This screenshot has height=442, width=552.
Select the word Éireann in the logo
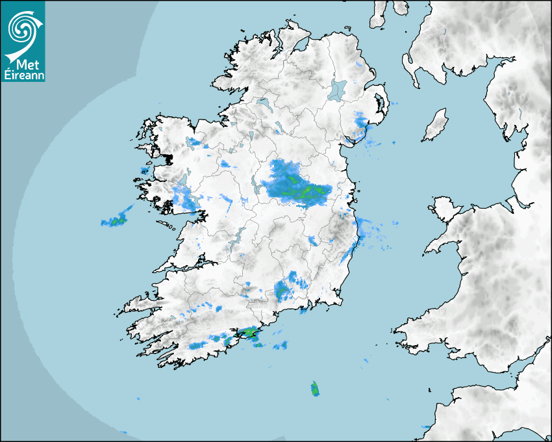tap(22, 75)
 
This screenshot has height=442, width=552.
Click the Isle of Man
tap(436, 125)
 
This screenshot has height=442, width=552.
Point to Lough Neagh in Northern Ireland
tap(338, 89)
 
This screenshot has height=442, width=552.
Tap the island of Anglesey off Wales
tap(444, 207)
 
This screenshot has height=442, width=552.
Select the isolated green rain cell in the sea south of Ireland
tap(315, 389)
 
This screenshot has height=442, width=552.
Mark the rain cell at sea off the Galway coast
tap(116, 220)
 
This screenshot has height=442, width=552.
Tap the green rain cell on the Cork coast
tap(247, 333)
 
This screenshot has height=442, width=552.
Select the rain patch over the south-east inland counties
tap(286, 287)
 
